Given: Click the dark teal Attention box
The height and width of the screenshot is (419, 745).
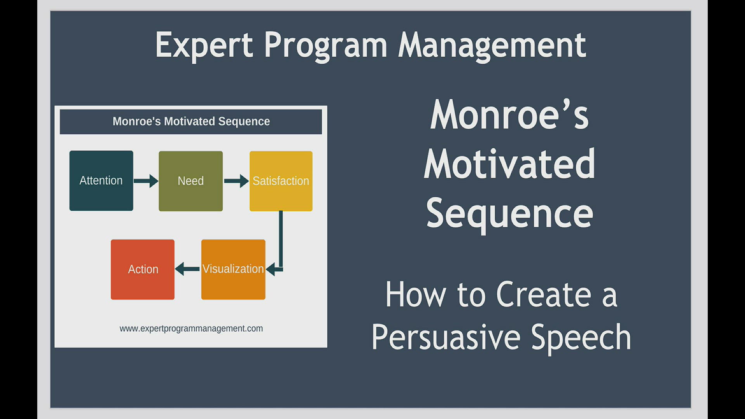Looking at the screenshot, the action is point(101,181).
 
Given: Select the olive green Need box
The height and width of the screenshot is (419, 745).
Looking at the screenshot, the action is point(191,181).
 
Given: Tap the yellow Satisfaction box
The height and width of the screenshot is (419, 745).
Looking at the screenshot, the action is point(281,181).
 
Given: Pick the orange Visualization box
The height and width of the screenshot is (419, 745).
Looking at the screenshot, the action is point(233,269).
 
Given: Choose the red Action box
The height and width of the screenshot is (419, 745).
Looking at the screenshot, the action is point(143,269).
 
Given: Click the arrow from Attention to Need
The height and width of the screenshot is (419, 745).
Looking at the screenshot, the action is point(146,181).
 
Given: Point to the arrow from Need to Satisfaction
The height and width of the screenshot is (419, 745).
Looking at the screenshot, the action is point(236,181).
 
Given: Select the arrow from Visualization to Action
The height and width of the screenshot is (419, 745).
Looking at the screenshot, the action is point(187,269).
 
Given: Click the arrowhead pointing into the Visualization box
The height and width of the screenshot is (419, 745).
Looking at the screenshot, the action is point(271,269).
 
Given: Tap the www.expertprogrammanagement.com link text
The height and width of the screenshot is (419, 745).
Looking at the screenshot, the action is point(191,329).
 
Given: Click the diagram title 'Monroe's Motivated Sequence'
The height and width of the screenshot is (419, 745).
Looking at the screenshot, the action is point(191,121).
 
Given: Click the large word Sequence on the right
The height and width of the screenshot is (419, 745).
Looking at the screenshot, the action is point(509,214).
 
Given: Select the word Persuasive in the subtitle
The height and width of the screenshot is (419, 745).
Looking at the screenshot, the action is point(446,337).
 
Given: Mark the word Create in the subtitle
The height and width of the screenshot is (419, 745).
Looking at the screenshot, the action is point(544,295).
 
